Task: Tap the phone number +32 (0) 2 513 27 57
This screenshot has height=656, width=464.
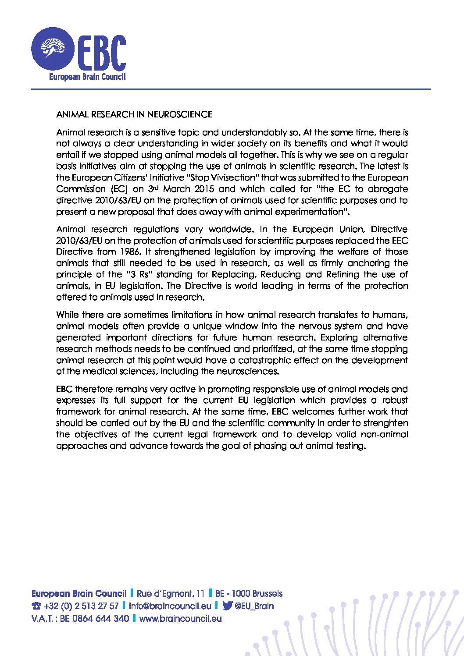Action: tap(81, 606)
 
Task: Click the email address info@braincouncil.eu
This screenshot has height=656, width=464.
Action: tap(170, 606)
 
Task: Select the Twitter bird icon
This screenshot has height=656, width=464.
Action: tap(227, 606)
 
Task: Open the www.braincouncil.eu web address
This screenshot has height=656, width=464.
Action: tap(180, 618)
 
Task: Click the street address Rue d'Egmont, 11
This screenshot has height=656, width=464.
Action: tap(171, 594)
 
